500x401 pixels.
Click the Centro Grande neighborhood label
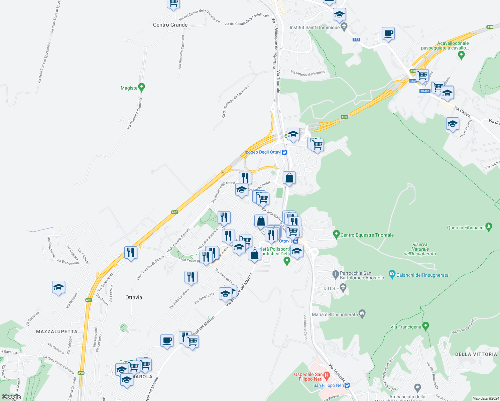(170, 25)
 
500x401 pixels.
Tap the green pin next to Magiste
(141, 88)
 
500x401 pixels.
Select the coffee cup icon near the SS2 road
(388, 34)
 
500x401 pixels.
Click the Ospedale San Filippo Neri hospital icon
(327, 375)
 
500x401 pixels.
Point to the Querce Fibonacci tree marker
(489, 227)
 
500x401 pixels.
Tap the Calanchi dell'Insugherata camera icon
(392, 275)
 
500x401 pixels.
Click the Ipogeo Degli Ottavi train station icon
(284, 152)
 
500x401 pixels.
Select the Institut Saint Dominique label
(315, 27)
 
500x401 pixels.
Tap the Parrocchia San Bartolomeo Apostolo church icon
(336, 275)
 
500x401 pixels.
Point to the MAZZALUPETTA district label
(57, 331)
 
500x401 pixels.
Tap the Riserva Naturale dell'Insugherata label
(420, 249)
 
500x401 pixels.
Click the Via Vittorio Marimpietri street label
(307, 73)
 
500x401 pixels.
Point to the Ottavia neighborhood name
(134, 297)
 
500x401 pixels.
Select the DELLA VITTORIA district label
(476, 354)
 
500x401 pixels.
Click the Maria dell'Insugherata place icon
(362, 314)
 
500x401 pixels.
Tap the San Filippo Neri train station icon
(347, 385)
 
